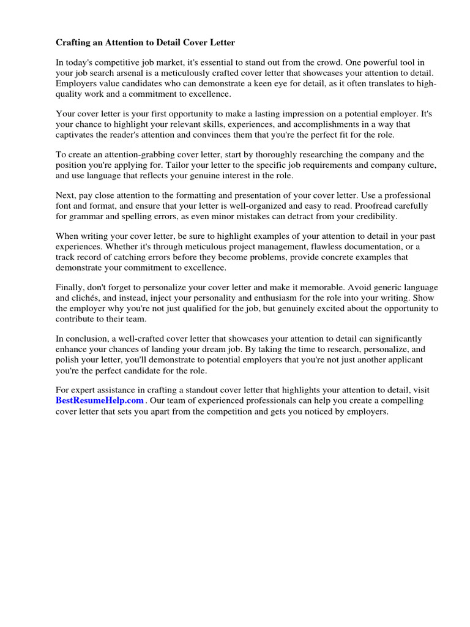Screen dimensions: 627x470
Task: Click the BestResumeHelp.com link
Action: (x=100, y=400)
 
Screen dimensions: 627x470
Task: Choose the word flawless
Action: (x=315, y=247)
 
